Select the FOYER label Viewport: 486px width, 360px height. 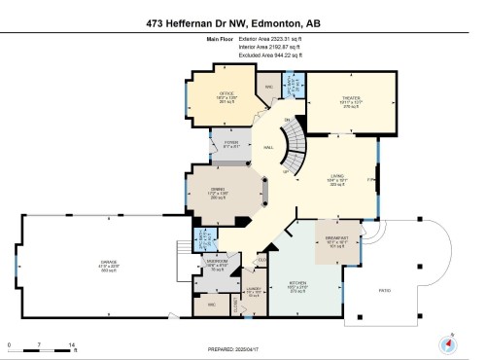[231, 142]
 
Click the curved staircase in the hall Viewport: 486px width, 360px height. [289, 147]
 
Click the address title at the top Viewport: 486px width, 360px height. [242, 21]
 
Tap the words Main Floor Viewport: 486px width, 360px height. [222, 39]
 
